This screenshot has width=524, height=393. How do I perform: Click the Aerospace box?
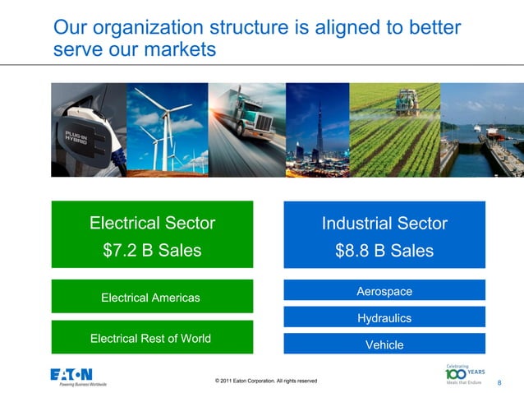coord(384,291)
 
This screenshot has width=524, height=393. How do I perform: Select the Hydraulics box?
coord(384,317)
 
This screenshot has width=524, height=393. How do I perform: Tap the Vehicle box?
coord(384,344)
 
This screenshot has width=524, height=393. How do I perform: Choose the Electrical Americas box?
coord(150,297)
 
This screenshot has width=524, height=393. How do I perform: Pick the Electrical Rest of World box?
coord(150,338)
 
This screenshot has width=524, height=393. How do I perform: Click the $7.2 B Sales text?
coord(152,251)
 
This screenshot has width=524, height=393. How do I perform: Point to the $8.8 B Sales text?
coord(384,251)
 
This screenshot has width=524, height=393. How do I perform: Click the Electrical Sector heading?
coord(152,223)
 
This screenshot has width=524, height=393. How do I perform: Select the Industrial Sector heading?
coord(384,223)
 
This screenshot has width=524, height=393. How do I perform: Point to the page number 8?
coord(499,383)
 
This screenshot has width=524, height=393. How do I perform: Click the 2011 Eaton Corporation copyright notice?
coord(265,381)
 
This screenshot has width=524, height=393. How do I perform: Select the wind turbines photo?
coord(168,129)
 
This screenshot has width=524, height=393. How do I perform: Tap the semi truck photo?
coord(246,129)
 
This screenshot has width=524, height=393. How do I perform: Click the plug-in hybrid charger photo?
coord(89,129)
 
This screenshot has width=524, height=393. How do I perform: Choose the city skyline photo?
coord(317,129)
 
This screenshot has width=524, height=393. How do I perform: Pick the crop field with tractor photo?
coord(394,129)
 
